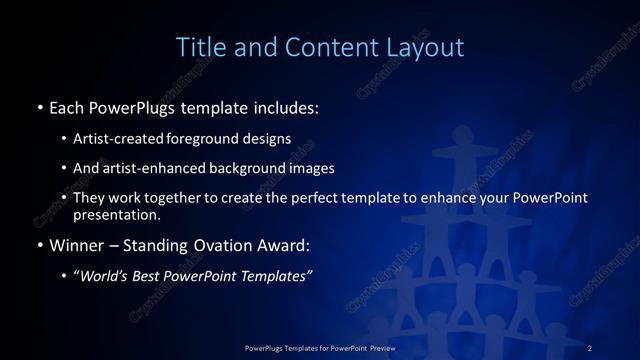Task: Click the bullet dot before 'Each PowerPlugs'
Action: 39,105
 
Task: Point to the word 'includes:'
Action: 285,105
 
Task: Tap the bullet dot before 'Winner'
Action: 39,243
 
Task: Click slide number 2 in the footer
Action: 591,347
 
